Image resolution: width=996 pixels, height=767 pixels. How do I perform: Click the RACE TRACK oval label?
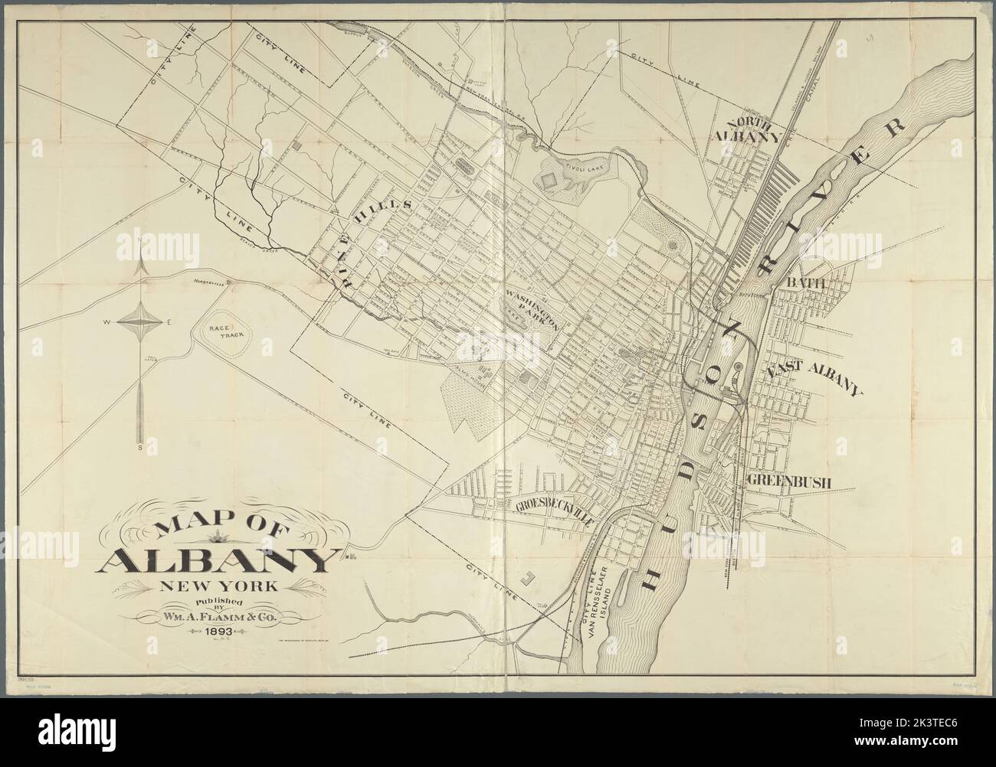(x=223, y=331)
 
